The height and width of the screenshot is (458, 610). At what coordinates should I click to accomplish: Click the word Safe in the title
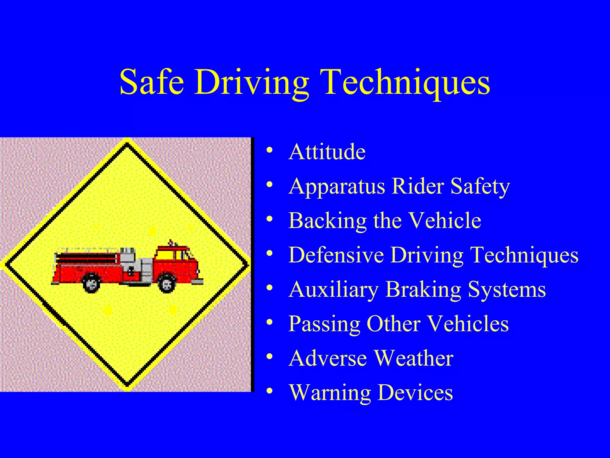(152, 82)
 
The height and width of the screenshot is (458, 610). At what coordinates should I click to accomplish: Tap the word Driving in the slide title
(252, 83)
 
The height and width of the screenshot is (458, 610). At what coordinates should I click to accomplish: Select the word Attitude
(327, 152)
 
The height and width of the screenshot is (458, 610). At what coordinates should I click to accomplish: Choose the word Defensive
(336, 255)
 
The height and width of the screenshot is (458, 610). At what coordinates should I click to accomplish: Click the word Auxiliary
(334, 290)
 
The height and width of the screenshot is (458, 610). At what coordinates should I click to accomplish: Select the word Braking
(423, 290)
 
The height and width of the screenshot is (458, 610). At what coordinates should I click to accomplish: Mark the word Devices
(415, 393)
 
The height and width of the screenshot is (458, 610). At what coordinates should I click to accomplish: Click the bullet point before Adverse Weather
(270, 357)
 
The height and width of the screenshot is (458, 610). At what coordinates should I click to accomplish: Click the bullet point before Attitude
(270, 150)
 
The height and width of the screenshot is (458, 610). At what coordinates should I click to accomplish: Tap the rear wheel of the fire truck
(91, 283)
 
